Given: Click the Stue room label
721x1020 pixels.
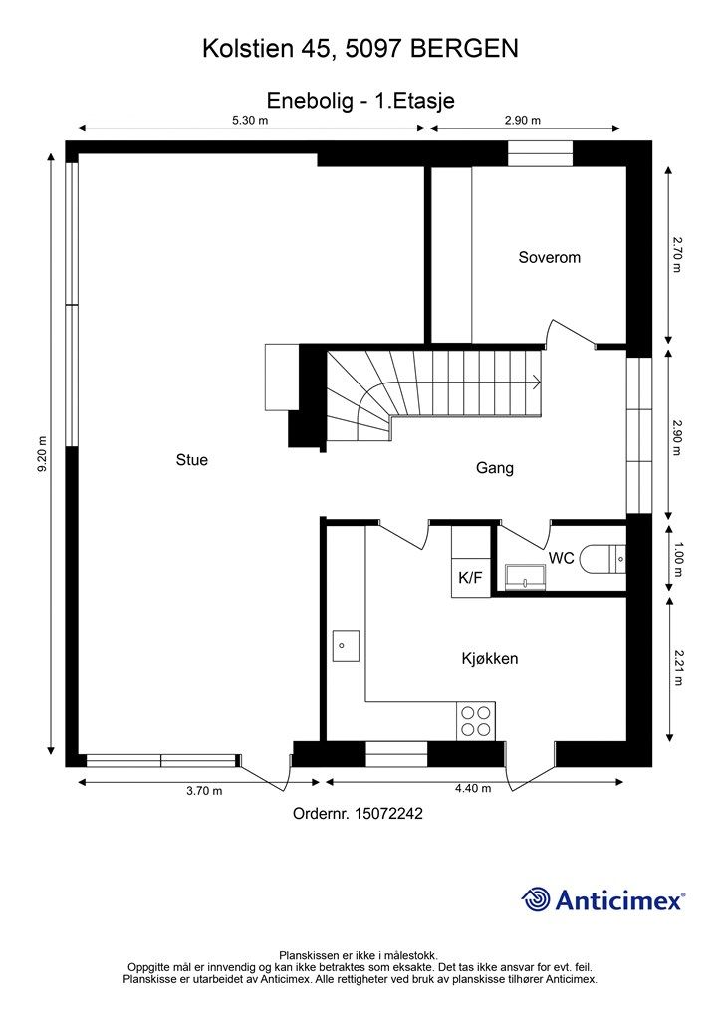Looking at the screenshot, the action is click(192, 460).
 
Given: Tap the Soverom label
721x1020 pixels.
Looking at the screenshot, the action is click(550, 257).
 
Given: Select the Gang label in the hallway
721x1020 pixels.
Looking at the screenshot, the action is click(495, 468).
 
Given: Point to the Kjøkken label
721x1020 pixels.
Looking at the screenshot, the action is click(490, 659).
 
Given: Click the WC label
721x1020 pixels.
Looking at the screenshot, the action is click(561, 558).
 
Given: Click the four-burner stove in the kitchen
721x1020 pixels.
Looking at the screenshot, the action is click(476, 721).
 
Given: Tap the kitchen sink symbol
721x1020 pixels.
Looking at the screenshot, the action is click(346, 645).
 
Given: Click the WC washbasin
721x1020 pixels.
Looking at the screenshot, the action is click(525, 577).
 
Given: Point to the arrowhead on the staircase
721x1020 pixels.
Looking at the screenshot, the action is click(537, 382).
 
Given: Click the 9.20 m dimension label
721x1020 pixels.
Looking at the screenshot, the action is click(43, 453).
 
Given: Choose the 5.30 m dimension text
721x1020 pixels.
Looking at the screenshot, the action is click(250, 120).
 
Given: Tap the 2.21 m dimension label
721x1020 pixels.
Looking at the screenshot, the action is click(678, 668).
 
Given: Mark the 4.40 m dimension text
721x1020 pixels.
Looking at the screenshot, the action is click(473, 789).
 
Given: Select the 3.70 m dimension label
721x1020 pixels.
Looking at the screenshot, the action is click(204, 791).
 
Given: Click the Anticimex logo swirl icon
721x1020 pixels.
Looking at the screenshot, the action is click(536, 899).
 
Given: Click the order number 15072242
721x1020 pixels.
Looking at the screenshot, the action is click(388, 813).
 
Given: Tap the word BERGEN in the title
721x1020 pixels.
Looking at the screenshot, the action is click(465, 49).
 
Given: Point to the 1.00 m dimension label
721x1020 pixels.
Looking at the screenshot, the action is click(678, 559).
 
